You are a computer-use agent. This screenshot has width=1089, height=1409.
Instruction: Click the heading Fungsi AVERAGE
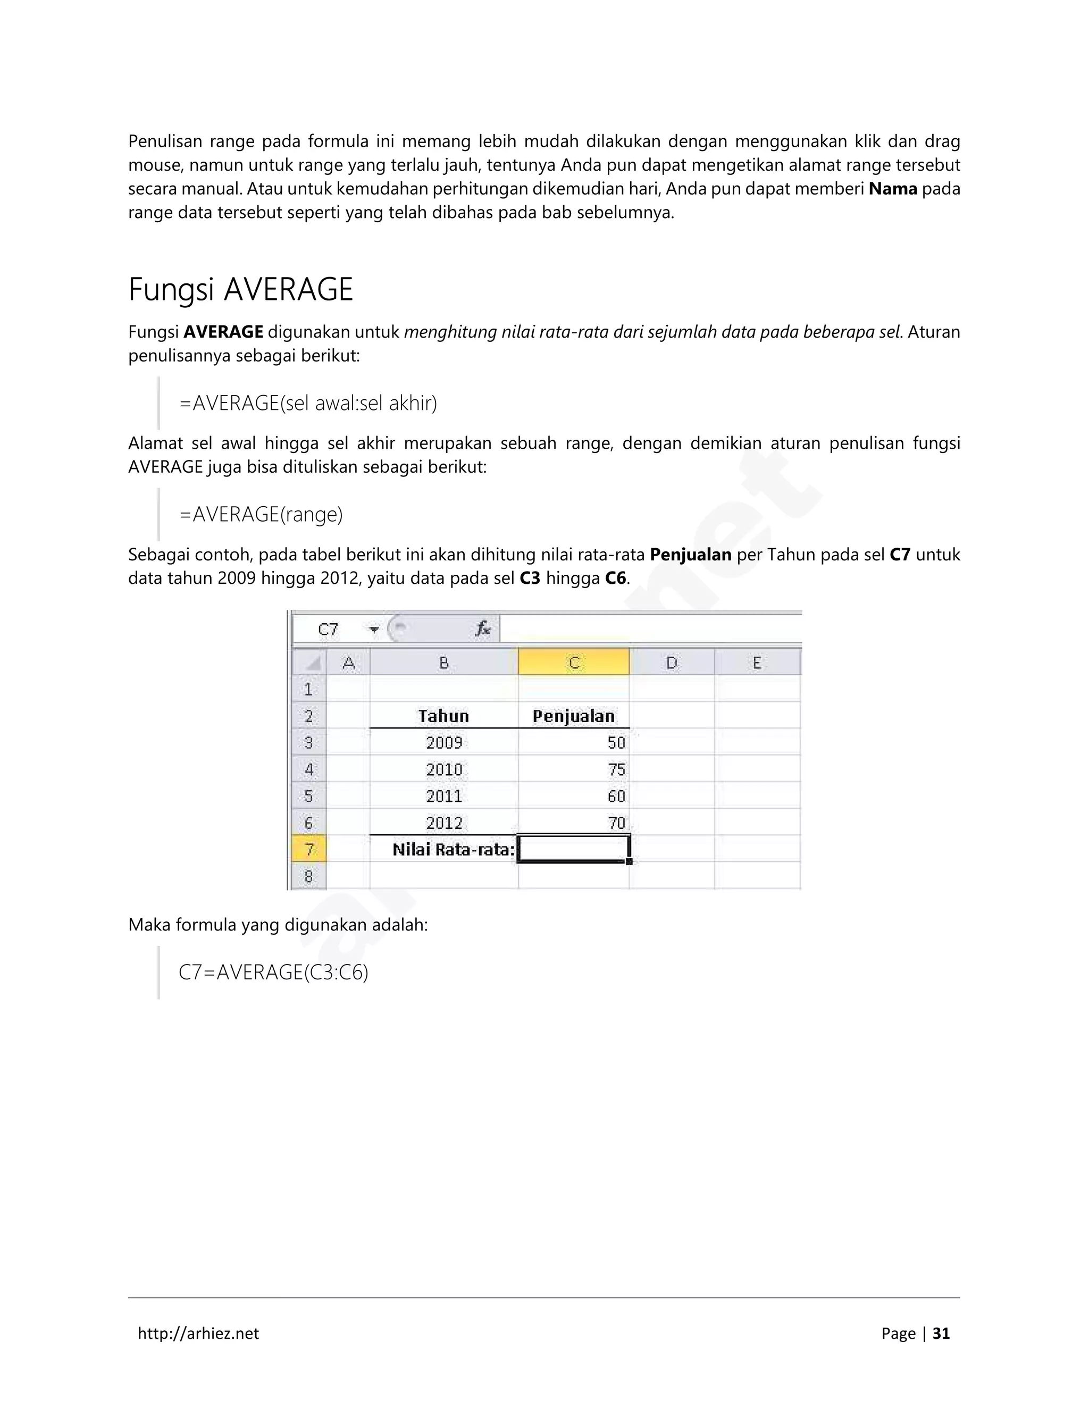tap(241, 290)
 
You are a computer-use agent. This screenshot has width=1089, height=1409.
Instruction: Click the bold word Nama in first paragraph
tap(893, 189)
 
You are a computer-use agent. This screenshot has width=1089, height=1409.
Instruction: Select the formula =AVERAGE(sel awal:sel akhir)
tap(308, 403)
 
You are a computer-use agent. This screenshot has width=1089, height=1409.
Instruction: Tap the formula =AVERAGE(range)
tap(261, 514)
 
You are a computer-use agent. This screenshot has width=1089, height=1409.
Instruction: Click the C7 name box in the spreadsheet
tap(329, 630)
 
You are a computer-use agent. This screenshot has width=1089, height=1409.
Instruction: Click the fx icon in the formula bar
tap(483, 629)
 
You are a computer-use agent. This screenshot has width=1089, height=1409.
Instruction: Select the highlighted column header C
tap(574, 662)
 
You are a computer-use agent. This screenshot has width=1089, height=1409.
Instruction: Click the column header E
tap(757, 662)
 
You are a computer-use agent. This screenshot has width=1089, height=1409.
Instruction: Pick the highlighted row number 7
tap(309, 849)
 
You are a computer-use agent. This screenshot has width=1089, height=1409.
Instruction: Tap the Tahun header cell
tap(444, 716)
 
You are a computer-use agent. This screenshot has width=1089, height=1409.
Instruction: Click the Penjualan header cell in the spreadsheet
tap(574, 716)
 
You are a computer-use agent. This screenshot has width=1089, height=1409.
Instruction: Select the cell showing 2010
tap(444, 769)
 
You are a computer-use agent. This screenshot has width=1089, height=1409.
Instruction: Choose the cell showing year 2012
tap(444, 823)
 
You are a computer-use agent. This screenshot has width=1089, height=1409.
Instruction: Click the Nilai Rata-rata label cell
tap(453, 850)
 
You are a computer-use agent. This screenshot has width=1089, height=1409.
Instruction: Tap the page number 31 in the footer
tap(941, 1333)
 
